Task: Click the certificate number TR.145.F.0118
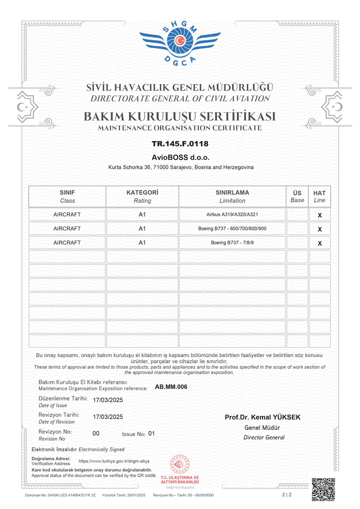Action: tap(180, 144)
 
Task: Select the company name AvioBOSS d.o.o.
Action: tap(180, 157)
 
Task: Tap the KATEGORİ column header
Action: tap(142, 196)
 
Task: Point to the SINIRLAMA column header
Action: tap(232, 196)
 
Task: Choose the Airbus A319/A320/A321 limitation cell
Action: tap(232, 215)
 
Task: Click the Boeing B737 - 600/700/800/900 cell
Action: tap(232, 228)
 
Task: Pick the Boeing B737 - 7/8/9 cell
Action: tap(232, 243)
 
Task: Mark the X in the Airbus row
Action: tap(320, 216)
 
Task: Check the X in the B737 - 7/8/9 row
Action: tap(320, 243)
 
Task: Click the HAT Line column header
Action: tap(320, 196)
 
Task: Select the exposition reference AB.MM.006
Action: tap(171, 387)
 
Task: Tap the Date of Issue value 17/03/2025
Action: tap(108, 400)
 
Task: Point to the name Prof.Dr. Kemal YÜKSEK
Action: tap(263, 417)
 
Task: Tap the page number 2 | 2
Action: tap(287, 495)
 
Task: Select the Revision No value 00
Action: tap(96, 434)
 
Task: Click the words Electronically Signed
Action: tap(102, 449)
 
